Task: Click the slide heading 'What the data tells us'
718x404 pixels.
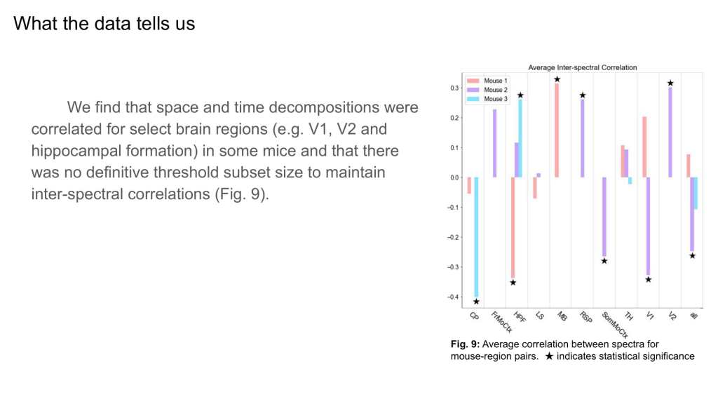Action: pos(104,24)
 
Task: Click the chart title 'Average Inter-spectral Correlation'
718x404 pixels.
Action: pos(582,67)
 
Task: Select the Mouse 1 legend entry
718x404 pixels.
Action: pos(489,81)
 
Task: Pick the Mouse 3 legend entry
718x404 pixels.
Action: pos(489,99)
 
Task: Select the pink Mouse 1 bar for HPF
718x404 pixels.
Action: pos(513,227)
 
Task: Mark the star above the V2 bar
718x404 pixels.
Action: pos(670,83)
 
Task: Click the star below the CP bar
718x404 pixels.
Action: pos(476,302)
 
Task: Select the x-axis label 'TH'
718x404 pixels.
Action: pos(629,316)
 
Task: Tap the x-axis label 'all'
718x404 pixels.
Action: pos(693,316)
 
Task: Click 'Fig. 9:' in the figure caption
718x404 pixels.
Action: pos(465,344)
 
